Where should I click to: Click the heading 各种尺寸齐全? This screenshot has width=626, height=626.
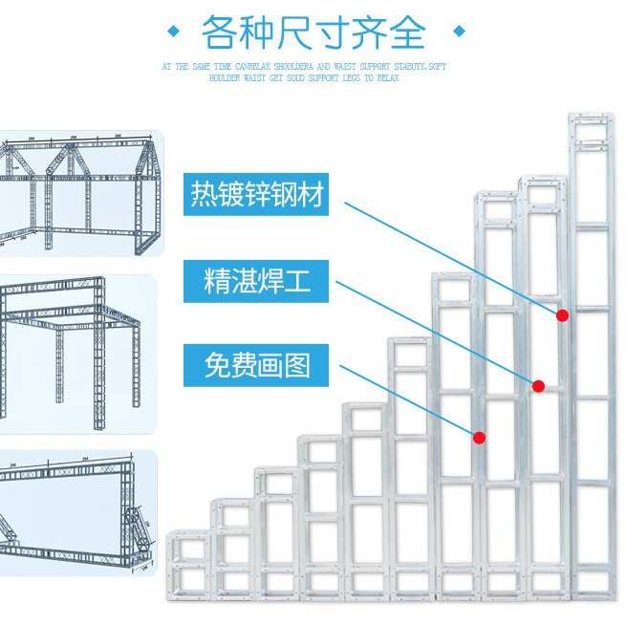[313, 32]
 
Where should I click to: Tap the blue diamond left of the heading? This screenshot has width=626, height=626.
[173, 32]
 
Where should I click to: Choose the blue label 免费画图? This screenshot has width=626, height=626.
[258, 364]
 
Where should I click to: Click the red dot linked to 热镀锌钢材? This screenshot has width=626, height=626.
[563, 314]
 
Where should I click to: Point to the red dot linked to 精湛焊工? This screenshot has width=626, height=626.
[538, 386]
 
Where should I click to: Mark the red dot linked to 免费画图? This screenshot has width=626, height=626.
[480, 438]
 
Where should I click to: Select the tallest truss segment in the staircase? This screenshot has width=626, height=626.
[592, 354]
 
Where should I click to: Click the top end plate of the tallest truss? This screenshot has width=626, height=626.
[592, 122]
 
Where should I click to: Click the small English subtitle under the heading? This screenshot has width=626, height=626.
[304, 73]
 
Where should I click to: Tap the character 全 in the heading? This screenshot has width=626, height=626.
[407, 32]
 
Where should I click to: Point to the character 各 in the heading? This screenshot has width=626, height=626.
[219, 32]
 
